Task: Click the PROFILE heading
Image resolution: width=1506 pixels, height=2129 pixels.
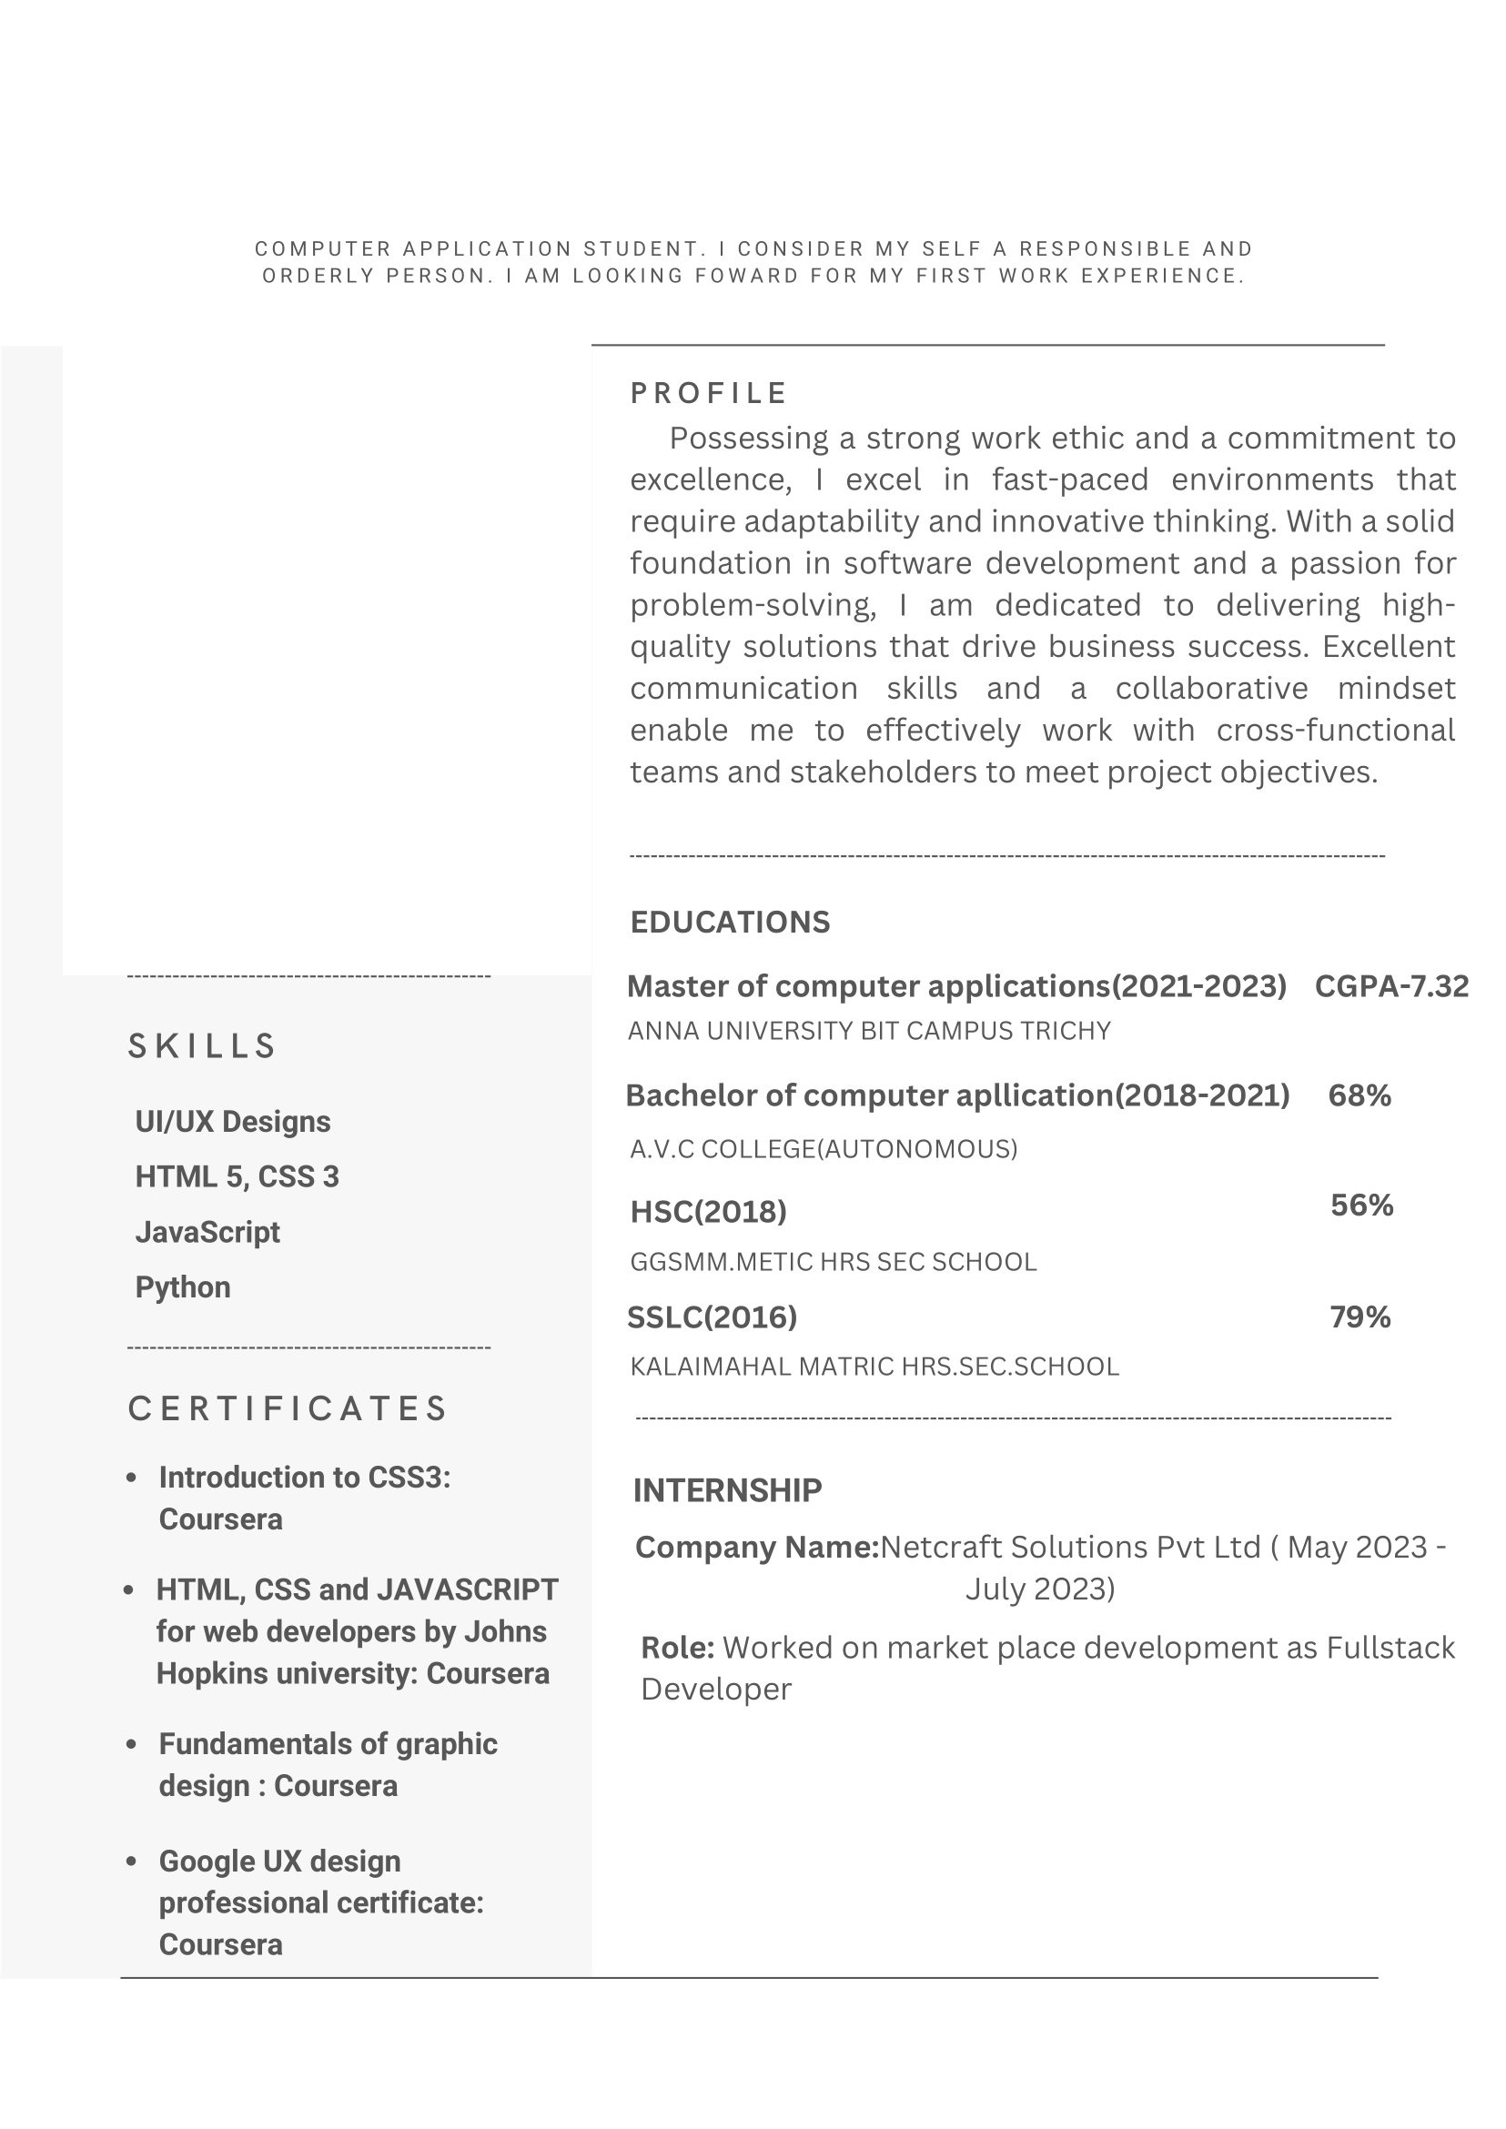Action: point(709,393)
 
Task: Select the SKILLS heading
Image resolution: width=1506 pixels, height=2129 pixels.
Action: point(201,1046)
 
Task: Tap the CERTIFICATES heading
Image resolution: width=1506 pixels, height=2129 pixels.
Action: point(288,1408)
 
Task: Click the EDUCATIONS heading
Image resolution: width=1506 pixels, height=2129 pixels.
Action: point(730,922)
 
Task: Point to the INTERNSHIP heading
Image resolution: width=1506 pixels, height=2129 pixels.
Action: point(727,1490)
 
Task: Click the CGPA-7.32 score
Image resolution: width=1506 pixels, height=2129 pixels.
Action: point(1391,985)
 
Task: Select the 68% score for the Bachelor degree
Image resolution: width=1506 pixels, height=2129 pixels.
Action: point(1359,1095)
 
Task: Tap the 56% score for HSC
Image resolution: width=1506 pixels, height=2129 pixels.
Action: point(1361,1205)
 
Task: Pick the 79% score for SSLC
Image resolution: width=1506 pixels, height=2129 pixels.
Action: point(1359,1317)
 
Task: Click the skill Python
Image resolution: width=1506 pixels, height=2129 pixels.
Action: point(183,1287)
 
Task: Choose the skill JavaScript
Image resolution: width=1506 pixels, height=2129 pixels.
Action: point(207,1232)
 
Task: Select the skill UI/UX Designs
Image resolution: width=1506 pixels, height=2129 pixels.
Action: point(233,1122)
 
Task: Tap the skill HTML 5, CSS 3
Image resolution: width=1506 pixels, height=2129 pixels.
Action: point(238,1176)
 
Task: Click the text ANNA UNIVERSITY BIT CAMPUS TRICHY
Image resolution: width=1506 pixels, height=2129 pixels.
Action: point(869,1031)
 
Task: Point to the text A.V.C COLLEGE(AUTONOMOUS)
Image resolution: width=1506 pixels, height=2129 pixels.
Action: point(824,1149)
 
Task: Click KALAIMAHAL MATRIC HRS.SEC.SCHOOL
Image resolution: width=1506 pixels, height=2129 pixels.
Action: point(874,1367)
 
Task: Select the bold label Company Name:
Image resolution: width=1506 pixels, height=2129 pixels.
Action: point(757,1547)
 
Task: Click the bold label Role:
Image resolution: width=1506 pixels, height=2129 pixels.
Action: point(678,1648)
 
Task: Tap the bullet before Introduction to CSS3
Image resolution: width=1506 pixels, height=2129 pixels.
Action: point(132,1478)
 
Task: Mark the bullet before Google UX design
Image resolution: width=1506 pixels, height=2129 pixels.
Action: point(132,1861)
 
